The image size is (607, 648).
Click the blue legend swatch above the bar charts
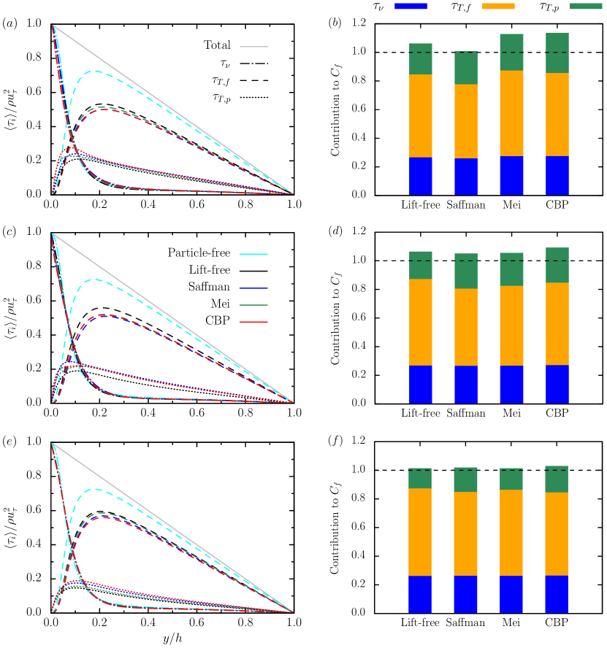pyautogui.click(x=411, y=6)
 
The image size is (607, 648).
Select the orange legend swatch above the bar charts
pyautogui.click(x=498, y=6)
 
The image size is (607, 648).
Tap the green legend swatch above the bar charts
pyautogui.click(x=586, y=6)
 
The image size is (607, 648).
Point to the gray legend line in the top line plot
pyautogui.click(x=254, y=47)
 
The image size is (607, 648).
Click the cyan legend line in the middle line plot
pyautogui.click(x=253, y=255)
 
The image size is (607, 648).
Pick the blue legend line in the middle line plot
pyautogui.click(x=253, y=288)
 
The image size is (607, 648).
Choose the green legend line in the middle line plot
pyautogui.click(x=253, y=305)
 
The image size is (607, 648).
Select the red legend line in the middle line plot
pyautogui.click(x=253, y=322)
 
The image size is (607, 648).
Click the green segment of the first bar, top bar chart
pyautogui.click(x=420, y=58)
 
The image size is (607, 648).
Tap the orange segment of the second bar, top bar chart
pyautogui.click(x=466, y=121)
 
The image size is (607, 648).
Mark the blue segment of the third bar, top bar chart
pyautogui.click(x=511, y=176)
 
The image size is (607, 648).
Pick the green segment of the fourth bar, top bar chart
pyautogui.click(x=557, y=53)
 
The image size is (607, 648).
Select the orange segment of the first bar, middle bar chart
pyautogui.click(x=420, y=323)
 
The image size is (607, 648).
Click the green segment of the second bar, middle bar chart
pyautogui.click(x=466, y=271)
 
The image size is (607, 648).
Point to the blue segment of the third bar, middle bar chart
pyautogui.click(x=511, y=385)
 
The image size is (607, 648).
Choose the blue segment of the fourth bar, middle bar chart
pyautogui.click(x=557, y=384)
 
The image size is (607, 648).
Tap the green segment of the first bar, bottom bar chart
pyautogui.click(x=420, y=478)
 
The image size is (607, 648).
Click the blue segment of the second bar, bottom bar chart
pyautogui.click(x=465, y=594)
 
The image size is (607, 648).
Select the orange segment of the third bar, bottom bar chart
pyautogui.click(x=511, y=533)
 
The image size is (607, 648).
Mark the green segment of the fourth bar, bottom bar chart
pyautogui.click(x=557, y=479)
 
